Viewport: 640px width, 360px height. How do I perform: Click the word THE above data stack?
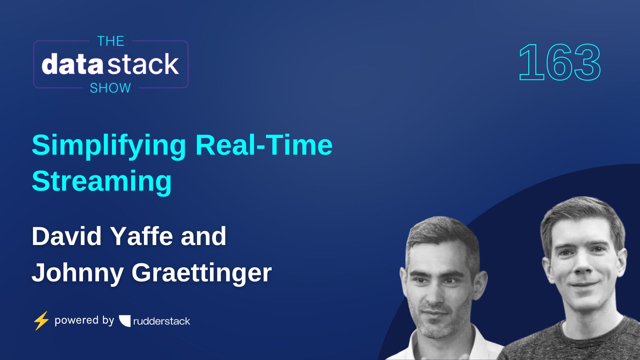(x=111, y=41)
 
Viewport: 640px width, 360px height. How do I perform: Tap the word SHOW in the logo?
(x=110, y=88)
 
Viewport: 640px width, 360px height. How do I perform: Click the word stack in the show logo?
(x=144, y=64)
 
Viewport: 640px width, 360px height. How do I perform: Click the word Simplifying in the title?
(x=109, y=145)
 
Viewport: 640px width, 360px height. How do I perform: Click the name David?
(x=66, y=236)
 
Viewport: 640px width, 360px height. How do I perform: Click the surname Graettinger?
(x=201, y=273)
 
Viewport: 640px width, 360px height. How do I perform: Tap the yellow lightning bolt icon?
(x=41, y=321)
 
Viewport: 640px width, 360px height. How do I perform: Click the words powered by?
(x=84, y=320)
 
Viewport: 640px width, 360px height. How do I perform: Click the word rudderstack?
(x=162, y=321)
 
